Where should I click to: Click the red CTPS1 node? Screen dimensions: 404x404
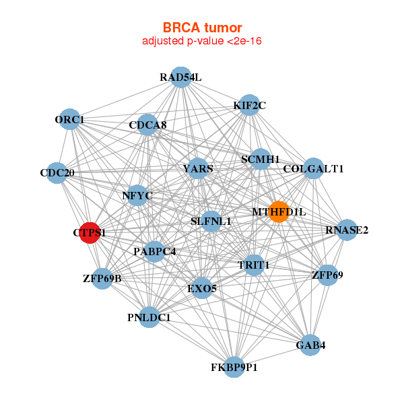(90, 232)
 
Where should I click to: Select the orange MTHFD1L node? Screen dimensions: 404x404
(279, 211)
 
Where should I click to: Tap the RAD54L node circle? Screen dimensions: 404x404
(180, 77)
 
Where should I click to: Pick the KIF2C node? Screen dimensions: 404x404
(250, 105)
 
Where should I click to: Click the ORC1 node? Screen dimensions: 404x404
(70, 120)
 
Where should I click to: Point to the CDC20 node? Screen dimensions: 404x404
(57, 173)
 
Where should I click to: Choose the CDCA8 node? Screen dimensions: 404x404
(147, 125)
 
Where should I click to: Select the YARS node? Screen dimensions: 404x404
(198, 168)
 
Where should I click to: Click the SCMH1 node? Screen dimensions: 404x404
(260, 160)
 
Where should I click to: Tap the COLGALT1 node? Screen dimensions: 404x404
(313, 168)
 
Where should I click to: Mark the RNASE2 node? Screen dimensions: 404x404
(347, 230)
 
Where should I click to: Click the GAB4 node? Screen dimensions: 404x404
(310, 345)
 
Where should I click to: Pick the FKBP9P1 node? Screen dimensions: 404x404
(234, 367)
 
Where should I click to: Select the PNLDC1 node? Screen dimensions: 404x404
(149, 317)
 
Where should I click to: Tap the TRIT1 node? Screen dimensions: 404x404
(253, 265)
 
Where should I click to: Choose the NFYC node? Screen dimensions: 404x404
(137, 196)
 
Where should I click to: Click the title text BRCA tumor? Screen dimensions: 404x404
(202, 28)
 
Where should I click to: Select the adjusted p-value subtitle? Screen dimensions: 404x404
(202, 41)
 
